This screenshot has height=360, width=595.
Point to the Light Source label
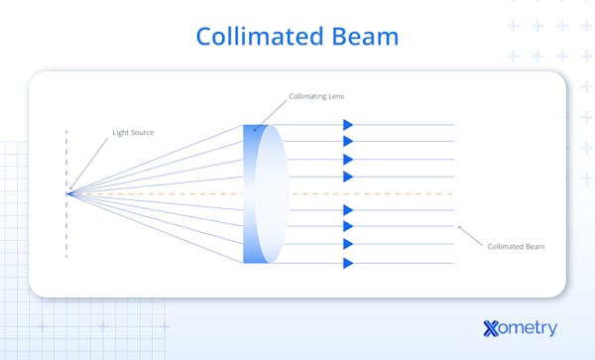click(x=133, y=131)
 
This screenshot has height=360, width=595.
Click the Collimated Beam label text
click(x=516, y=246)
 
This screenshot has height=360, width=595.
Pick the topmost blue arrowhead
click(x=348, y=125)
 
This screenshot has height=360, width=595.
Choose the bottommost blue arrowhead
click(x=348, y=263)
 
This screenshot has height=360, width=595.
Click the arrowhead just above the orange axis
click(x=348, y=177)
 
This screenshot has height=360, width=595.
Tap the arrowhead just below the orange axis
click(x=348, y=210)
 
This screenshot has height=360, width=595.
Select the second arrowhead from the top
click(x=348, y=142)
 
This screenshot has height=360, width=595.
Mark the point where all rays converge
click(x=67, y=192)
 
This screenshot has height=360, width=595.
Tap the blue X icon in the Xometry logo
click(x=492, y=328)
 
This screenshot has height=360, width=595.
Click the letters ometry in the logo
click(x=531, y=328)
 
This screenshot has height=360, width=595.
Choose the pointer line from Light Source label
click(x=89, y=161)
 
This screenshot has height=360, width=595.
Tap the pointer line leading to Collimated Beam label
click(x=470, y=235)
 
